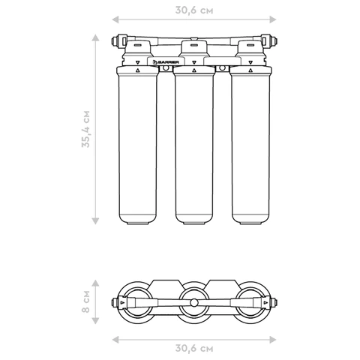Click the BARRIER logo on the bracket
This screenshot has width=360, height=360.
[166, 62]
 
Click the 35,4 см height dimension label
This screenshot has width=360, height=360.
[85, 129]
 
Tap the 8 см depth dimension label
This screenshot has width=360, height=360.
[85, 301]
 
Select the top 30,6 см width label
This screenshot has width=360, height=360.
[194, 10]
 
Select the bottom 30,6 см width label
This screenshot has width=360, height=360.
[194, 348]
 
